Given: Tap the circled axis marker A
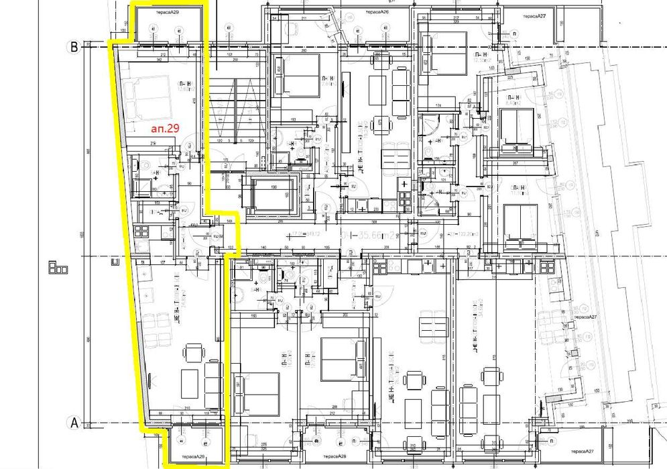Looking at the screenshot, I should (74, 423).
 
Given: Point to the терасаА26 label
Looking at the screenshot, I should (377, 12).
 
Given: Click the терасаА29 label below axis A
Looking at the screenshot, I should (191, 457).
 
